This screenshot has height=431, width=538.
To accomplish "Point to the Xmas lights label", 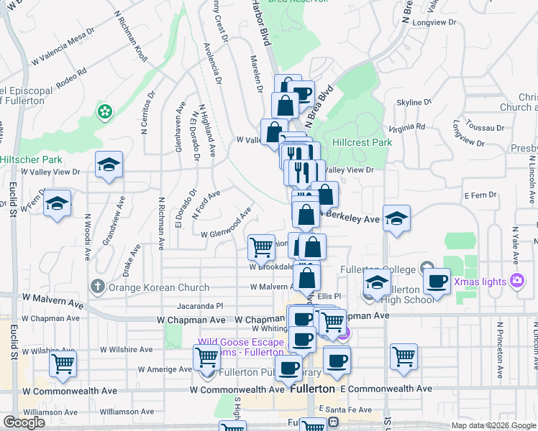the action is tap(480, 281).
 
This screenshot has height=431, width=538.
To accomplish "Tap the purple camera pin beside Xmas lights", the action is tap(516, 280).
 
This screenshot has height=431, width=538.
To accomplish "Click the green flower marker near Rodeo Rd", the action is tap(106, 111).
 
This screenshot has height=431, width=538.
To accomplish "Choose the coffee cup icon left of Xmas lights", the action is tap(436, 281).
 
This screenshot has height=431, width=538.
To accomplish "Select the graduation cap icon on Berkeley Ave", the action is tap(396, 218).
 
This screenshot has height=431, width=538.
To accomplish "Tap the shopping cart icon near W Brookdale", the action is tap(261, 247).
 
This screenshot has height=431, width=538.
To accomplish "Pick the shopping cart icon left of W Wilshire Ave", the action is tap(63, 363).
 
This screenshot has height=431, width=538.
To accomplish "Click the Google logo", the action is tap(24, 422).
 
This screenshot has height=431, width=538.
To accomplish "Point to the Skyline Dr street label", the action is tap(414, 103).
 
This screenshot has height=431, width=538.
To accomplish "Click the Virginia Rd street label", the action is tap(406, 128).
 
